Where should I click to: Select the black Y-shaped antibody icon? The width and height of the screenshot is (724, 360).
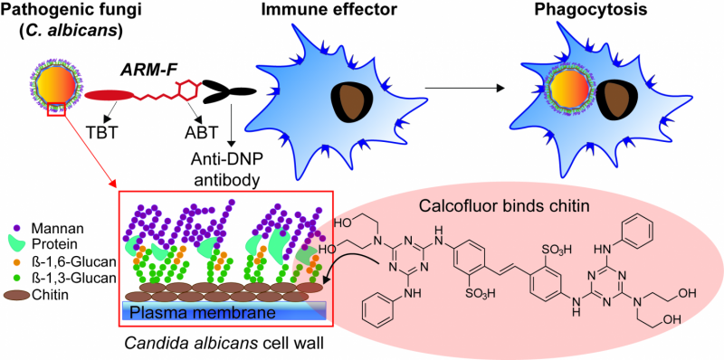coord(226,91)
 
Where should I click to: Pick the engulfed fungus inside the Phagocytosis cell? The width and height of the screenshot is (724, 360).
coord(565,96)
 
